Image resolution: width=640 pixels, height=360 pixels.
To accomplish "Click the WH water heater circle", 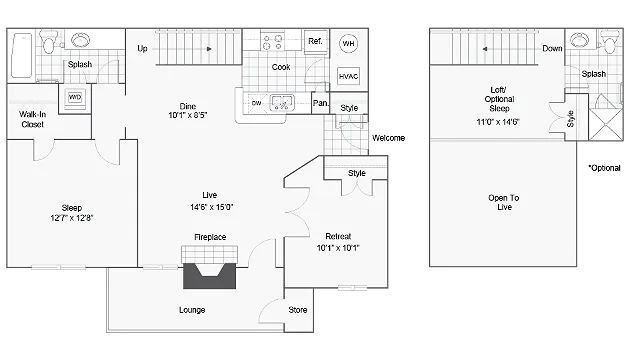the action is point(348,43).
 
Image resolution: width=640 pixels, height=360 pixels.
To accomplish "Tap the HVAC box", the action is point(349,76).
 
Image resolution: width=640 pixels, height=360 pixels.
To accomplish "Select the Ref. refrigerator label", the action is point(315,41).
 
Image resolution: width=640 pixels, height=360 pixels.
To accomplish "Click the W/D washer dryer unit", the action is point(75,97).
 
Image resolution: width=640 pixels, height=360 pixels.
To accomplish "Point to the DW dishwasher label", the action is point(256,103).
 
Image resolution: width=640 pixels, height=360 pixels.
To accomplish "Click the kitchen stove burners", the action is point(273,42).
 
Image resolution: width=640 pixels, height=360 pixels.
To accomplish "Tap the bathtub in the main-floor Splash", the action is point(21,56).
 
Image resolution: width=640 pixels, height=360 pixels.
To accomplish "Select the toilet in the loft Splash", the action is point(609,43).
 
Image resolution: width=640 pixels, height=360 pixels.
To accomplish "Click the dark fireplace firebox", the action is point(209,276).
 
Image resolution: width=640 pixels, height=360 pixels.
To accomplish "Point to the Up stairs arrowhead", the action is point(209,49).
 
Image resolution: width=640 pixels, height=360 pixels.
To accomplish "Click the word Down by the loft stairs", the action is point(552,49).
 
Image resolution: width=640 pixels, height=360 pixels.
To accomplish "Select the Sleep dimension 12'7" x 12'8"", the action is point(72,218).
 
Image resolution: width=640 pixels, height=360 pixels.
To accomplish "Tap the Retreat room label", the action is point(338,236).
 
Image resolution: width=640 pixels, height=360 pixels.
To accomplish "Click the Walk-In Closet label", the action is point(33,119).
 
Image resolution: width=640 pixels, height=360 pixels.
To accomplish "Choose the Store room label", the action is point(298,310).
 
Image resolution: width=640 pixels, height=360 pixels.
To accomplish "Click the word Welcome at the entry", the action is point(389,138).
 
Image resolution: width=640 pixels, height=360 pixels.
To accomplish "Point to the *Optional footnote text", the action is point(604,168).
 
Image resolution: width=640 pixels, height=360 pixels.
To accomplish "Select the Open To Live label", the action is point(504,202).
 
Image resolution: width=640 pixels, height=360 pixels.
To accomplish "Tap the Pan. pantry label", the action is point(320,103).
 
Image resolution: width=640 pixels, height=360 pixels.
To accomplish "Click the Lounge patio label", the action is point(192,310).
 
